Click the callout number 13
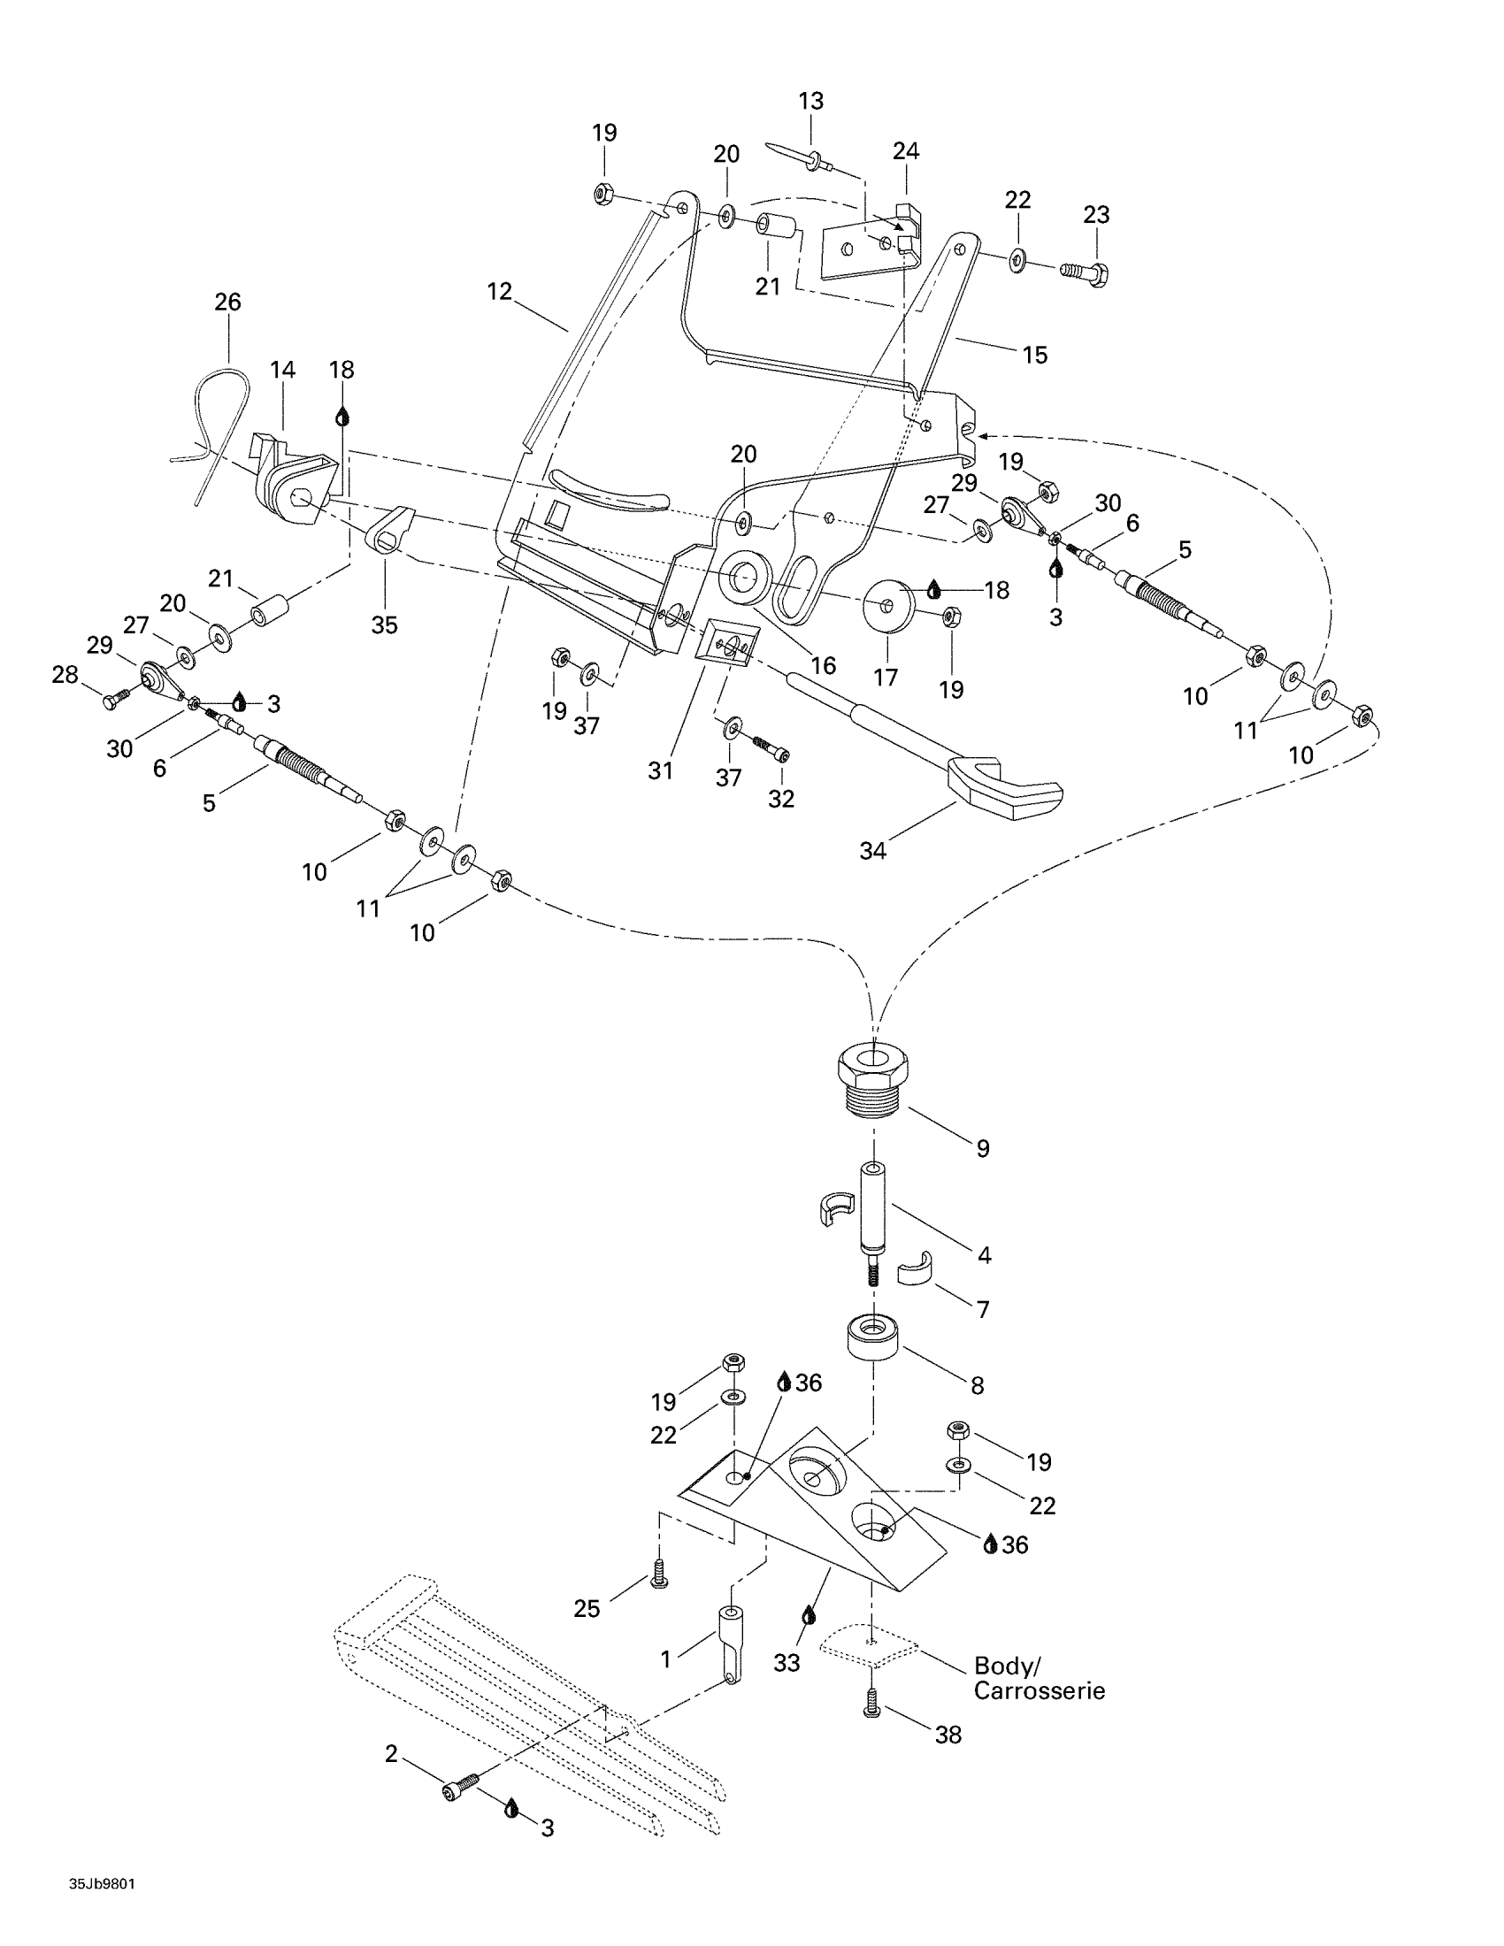pos(810,101)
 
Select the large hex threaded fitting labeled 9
pos(873,1078)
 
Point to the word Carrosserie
pos(1039,1691)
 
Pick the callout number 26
pos(228,302)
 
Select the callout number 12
pos(500,291)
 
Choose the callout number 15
pos(1034,355)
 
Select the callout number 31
pos(660,770)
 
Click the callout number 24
pos(906,150)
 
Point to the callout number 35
pos(385,624)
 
